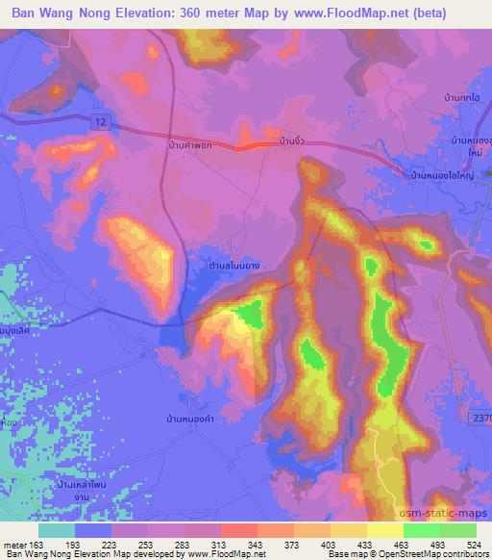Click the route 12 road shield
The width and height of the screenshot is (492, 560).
tap(100, 118)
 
